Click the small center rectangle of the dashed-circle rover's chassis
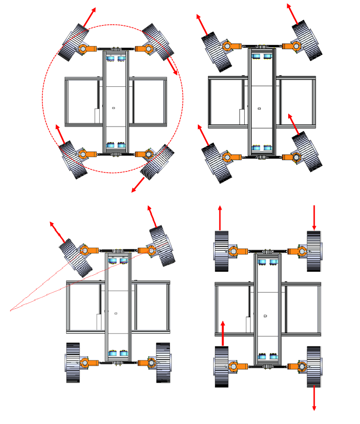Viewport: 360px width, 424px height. (114, 107)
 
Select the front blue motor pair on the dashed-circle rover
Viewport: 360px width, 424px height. (115, 58)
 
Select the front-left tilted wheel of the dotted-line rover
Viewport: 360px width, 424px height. (75, 257)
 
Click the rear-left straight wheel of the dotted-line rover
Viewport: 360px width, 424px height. (73, 363)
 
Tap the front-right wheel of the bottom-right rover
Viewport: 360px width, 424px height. (314, 251)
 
